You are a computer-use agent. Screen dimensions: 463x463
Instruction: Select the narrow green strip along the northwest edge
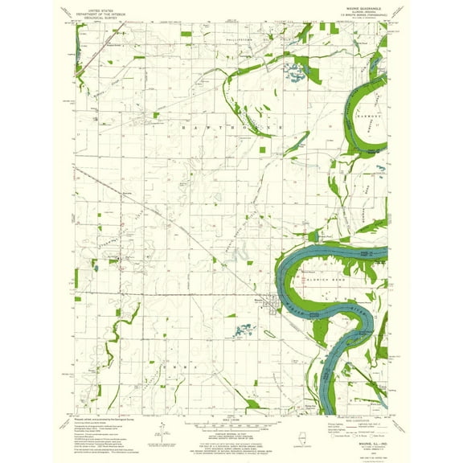[x=78, y=56]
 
